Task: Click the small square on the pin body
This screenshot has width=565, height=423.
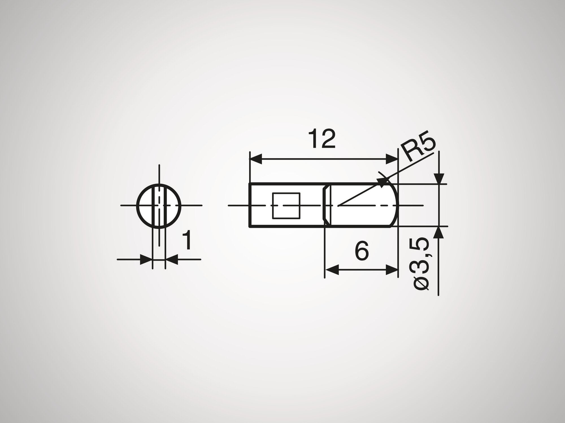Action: click(286, 205)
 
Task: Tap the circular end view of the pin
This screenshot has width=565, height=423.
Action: click(159, 205)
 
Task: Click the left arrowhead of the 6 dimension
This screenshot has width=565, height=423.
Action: click(331, 270)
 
